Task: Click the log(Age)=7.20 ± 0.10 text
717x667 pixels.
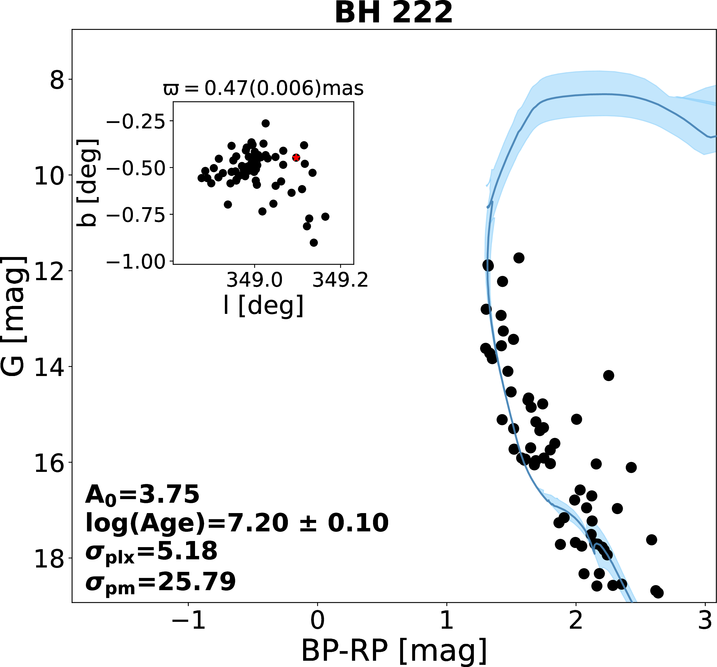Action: [x=237, y=523]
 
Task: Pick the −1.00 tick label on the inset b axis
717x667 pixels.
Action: [x=136, y=261]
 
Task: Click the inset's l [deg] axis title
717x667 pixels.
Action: [x=263, y=306]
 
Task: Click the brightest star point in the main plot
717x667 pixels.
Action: [x=519, y=258]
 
